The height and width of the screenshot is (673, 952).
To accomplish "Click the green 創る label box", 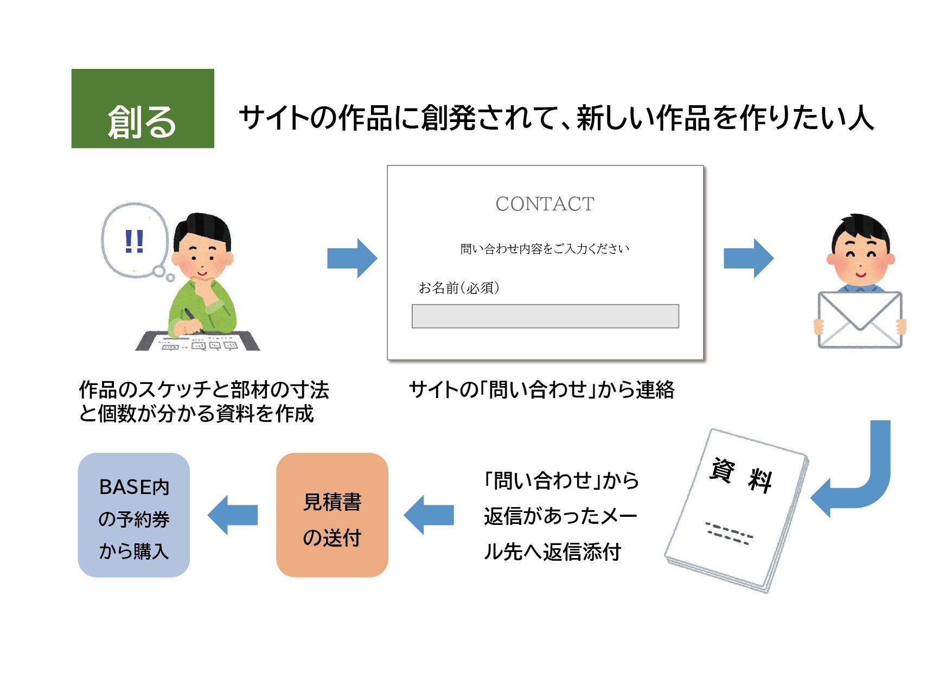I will click(143, 108).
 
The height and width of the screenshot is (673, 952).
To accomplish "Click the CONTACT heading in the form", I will click(545, 204).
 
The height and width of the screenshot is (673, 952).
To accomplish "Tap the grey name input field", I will click(545, 316).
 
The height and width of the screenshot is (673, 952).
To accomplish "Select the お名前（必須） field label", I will click(459, 287).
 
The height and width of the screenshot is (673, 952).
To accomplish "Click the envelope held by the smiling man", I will click(859, 320).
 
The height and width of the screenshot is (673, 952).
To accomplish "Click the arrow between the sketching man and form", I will click(352, 258).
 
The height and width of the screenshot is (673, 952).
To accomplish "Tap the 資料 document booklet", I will click(738, 510).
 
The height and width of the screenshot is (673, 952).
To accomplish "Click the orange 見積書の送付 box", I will click(332, 515).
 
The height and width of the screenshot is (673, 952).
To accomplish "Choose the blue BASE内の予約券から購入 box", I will click(134, 515).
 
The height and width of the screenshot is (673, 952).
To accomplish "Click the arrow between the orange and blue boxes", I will click(233, 515).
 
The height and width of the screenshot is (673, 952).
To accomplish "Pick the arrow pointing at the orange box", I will click(429, 515).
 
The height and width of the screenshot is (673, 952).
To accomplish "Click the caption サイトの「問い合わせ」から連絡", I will click(541, 390).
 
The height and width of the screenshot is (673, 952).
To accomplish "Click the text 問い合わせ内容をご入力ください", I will click(545, 249).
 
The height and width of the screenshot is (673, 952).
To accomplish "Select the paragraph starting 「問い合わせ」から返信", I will click(561, 516).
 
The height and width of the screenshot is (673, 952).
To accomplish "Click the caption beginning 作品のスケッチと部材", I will click(203, 402).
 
